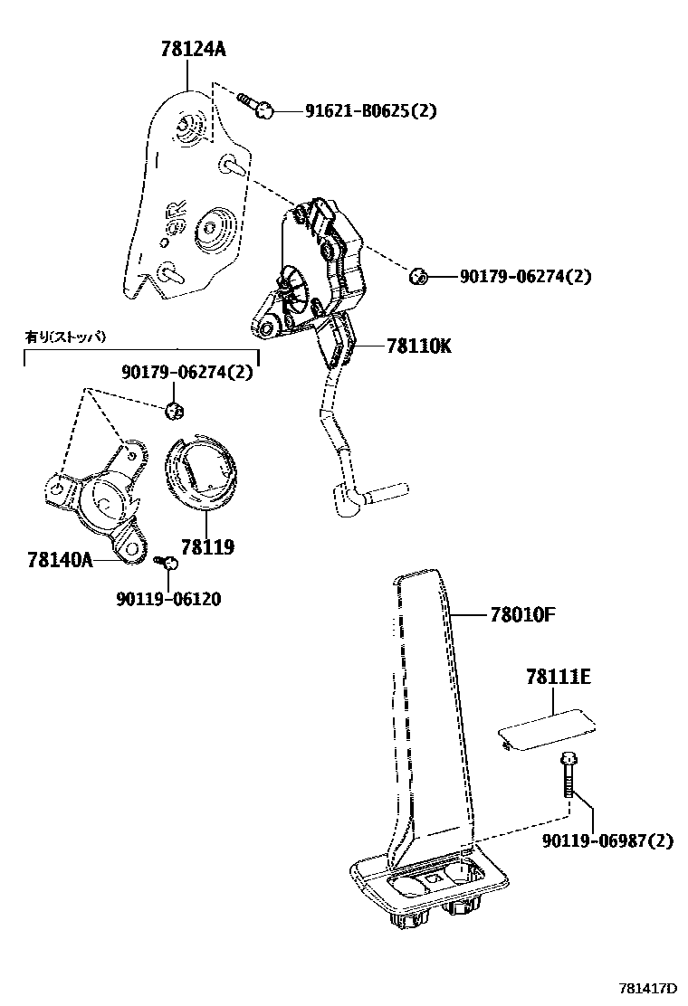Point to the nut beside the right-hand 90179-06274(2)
418,276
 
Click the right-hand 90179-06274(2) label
524,276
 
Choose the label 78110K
418,346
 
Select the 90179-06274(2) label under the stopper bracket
187,373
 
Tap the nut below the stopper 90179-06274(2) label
176,411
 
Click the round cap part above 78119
201,472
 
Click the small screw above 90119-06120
166,563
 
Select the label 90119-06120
168,598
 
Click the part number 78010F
522,615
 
